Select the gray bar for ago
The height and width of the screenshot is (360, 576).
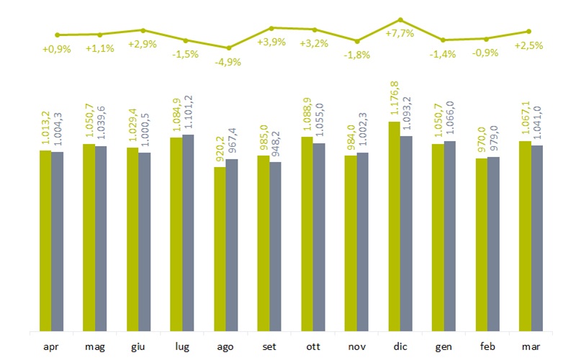pos(232,246)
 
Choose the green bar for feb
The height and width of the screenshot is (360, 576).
pos(481,245)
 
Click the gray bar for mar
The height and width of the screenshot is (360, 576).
pos(536,238)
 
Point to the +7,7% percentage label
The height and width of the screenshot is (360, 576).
pos(400,33)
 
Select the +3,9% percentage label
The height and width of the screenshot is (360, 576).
pos(271,42)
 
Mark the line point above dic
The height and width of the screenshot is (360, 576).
pos(400,20)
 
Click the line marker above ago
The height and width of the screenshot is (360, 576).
pos(229,48)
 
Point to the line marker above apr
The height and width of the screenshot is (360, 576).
pos(57,35)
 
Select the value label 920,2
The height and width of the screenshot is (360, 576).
pos(220,148)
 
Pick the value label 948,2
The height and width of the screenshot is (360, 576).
pos(276,143)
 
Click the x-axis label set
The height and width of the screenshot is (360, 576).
pos(270,346)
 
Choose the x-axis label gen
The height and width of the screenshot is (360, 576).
pos(444,346)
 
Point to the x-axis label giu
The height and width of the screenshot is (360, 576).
pos(139,346)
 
